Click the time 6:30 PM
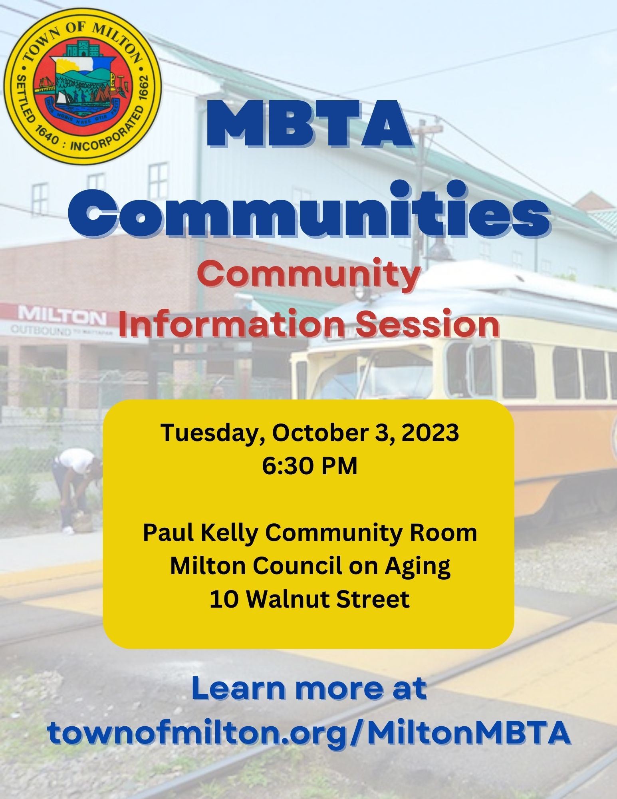click(309, 466)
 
